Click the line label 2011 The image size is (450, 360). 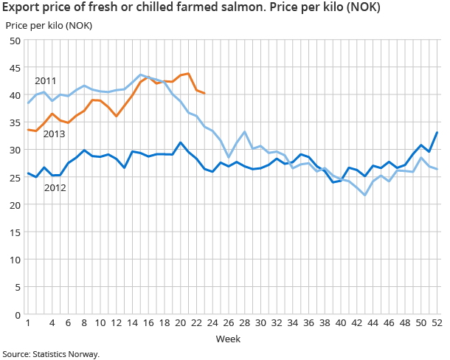(45, 80)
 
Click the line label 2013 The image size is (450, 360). (54, 134)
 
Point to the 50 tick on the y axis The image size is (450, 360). (13, 41)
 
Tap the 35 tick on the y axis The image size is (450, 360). (13, 122)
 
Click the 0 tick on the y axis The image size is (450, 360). (16, 315)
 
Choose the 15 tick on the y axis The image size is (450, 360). (13, 232)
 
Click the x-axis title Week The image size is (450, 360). (227, 339)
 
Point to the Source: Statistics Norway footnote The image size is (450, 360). (50, 353)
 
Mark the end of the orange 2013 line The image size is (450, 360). (204, 94)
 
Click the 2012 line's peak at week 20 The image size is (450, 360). (181, 142)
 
